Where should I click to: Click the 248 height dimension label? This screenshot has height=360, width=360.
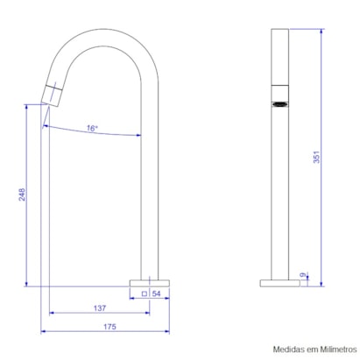click(22, 194)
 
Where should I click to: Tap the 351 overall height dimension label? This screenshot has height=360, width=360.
click(316, 157)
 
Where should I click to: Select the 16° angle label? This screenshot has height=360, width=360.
click(92, 128)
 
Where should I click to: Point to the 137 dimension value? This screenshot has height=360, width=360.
click(100, 308)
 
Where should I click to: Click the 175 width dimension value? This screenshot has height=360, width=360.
click(109, 327)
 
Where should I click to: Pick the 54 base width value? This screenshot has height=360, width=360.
click(156, 293)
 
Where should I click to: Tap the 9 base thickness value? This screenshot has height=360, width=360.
click(303, 275)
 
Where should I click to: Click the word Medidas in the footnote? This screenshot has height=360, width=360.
click(288, 349)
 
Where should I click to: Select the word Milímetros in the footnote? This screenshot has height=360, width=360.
click(338, 349)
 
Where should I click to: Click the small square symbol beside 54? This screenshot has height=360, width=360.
click(145, 293)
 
